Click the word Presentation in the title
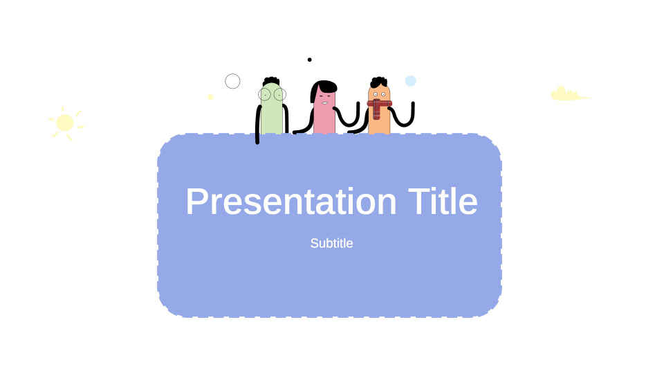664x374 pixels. [x=290, y=202]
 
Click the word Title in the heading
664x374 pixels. [x=443, y=202]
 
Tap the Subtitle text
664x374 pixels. [x=331, y=243]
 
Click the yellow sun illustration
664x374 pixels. [x=65, y=123]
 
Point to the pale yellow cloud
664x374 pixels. [x=567, y=95]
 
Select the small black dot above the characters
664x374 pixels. [x=309, y=60]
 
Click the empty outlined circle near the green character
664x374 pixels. [x=232, y=81]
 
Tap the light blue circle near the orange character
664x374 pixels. [x=410, y=81]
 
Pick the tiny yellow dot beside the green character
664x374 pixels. [x=210, y=97]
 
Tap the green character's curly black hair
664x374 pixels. [x=271, y=81]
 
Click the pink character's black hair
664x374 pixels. [x=324, y=87]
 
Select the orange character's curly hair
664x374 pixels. [x=378, y=82]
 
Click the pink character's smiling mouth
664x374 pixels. [x=324, y=103]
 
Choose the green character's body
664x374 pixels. [x=272, y=118]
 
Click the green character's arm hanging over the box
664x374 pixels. [x=257, y=128]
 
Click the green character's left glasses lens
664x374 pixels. [x=265, y=94]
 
